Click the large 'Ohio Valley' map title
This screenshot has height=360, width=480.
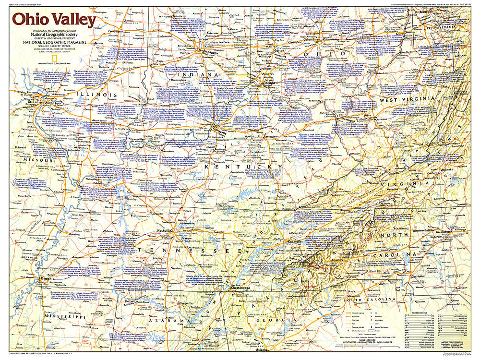(x=54, y=20)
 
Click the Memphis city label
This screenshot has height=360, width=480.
(x=48, y=278)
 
